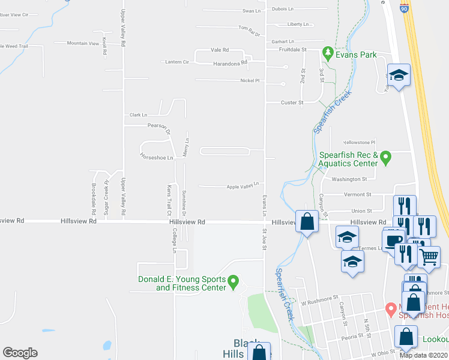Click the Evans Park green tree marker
pos(328,53)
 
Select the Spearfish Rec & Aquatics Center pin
pos(386,158)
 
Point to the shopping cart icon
pos(429,256)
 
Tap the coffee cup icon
pos(393,241)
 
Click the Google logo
pos(20,353)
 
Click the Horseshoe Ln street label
pos(156,158)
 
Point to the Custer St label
pos(293,103)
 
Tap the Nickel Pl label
pos(250,80)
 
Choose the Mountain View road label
pos(83,43)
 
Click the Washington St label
pos(349,179)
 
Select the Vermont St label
pos(358,194)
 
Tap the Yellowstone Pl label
pos(359,143)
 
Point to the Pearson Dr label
pos(160,126)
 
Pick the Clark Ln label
pos(138,115)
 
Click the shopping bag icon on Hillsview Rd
pos(307,221)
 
